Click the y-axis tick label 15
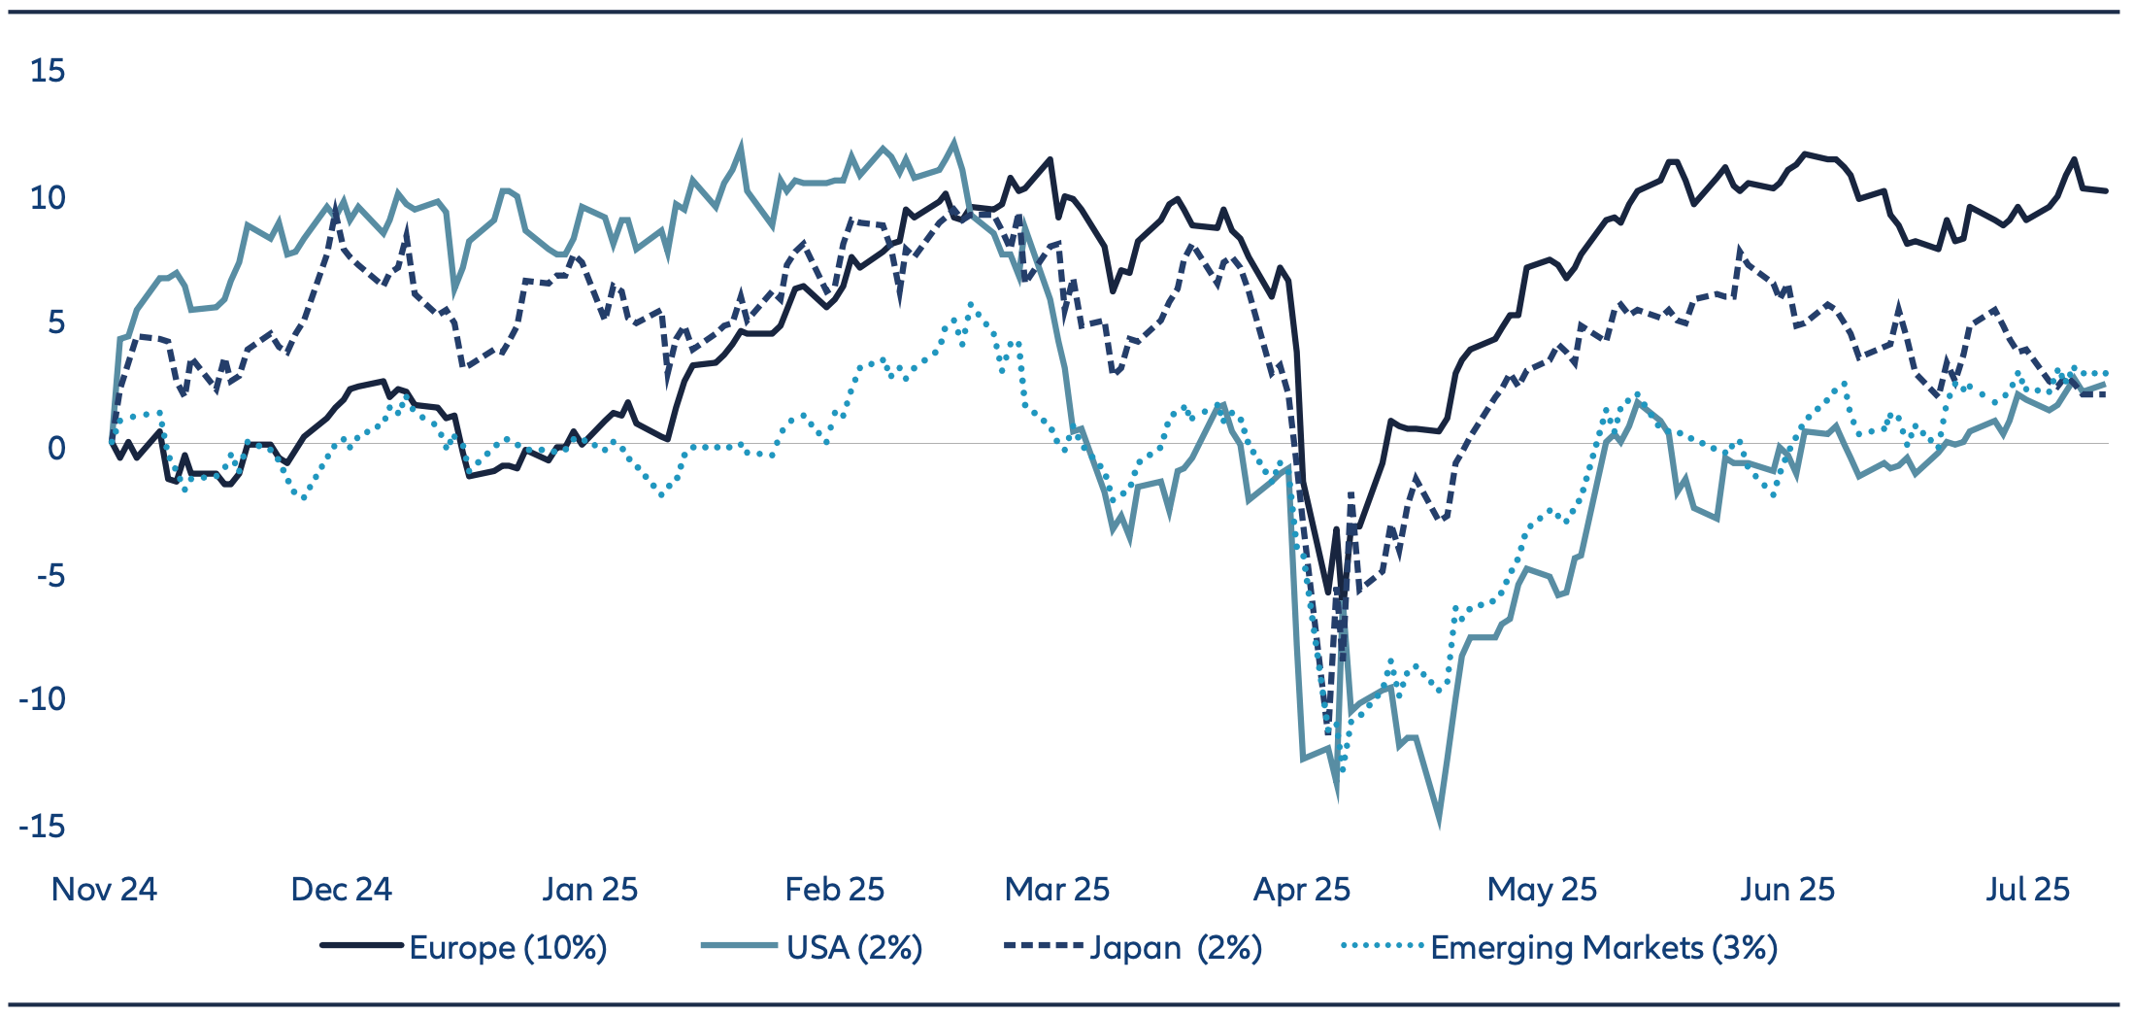pos(48,71)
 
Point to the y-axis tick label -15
pos(42,827)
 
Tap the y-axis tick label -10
pos(42,699)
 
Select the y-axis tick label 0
pos(56,449)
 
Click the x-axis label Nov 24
pos(104,890)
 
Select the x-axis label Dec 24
pos(341,890)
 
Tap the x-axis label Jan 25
pos(589,890)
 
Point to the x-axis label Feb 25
pos(834,890)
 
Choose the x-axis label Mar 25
pos(1056,890)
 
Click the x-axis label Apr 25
pos(1301,890)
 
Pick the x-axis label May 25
pos(1542,890)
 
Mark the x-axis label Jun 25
pos(1786,890)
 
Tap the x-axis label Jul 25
pos(2027,890)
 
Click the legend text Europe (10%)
pos(508,948)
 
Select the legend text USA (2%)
pos(854,948)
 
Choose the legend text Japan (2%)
pos(1176,948)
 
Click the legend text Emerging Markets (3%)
pos(1604,948)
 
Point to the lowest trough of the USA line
pos(1438,823)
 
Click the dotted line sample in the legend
pos(1382,945)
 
